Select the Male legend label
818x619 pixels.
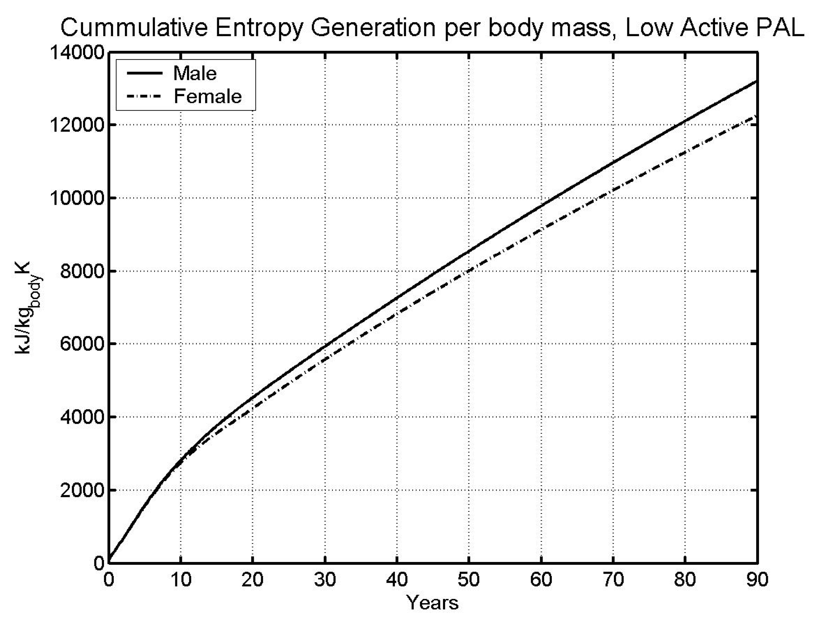[x=195, y=73]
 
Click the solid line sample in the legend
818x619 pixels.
[x=145, y=73]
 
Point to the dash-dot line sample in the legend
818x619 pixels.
[x=145, y=96]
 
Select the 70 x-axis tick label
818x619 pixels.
[x=613, y=579]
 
